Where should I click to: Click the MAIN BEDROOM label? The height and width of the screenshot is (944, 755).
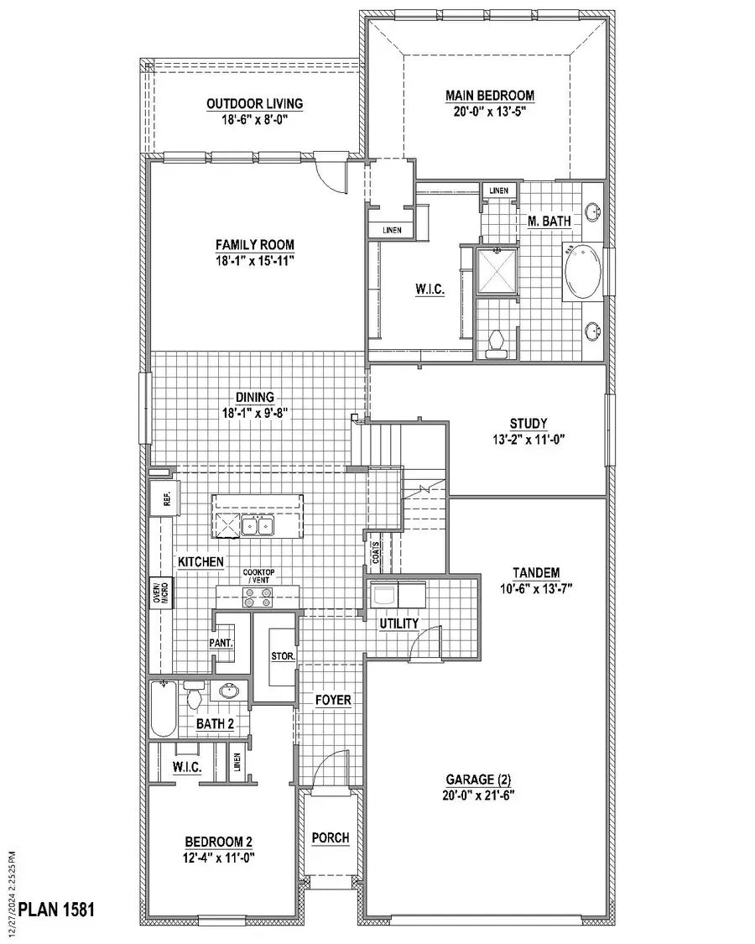coord(490,96)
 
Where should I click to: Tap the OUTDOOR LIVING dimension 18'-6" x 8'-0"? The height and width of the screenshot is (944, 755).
coord(254,119)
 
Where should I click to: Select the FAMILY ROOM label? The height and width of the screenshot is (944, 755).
coord(254,244)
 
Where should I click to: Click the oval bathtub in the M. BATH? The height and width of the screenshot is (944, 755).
coord(581,271)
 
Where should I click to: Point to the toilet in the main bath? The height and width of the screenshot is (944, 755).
coord(496,342)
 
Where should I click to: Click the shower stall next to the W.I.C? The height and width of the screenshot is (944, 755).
coord(496,270)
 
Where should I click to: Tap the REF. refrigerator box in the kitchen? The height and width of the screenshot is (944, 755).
coord(160,500)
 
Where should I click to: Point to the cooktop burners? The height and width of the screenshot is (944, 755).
coord(258,597)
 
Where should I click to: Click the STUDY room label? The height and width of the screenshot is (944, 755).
coord(528,423)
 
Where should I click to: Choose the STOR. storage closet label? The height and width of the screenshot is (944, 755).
coord(282,655)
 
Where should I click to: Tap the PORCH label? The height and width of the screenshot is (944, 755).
coord(331,838)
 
